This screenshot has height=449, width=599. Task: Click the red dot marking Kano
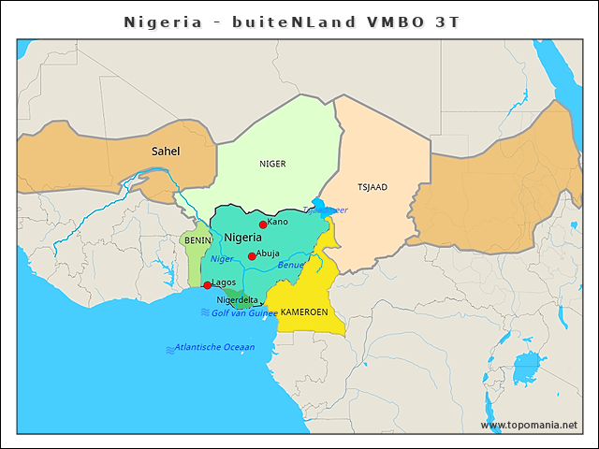click(x=263, y=224)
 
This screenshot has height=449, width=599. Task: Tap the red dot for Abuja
click(x=252, y=256)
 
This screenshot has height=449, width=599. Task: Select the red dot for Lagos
click(x=207, y=285)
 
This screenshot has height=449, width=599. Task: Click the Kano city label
click(x=278, y=222)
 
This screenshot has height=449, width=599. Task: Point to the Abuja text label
click(x=269, y=253)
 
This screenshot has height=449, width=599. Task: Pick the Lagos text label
click(x=225, y=282)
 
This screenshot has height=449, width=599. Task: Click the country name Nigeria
click(x=242, y=239)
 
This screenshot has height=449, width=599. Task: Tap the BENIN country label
click(x=197, y=240)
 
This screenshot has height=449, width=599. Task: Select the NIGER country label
click(x=272, y=164)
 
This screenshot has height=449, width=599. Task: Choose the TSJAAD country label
click(x=373, y=187)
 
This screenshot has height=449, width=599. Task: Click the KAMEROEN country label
click(x=304, y=311)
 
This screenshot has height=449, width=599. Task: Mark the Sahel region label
click(x=166, y=151)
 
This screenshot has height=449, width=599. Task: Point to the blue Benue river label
click(x=291, y=266)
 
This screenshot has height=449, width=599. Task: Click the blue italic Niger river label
click(x=222, y=259)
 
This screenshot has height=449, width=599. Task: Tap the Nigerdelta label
click(x=237, y=300)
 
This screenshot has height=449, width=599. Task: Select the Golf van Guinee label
click(x=244, y=312)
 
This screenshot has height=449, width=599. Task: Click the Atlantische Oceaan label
click(x=214, y=347)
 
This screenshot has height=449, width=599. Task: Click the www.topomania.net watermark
click(x=529, y=426)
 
